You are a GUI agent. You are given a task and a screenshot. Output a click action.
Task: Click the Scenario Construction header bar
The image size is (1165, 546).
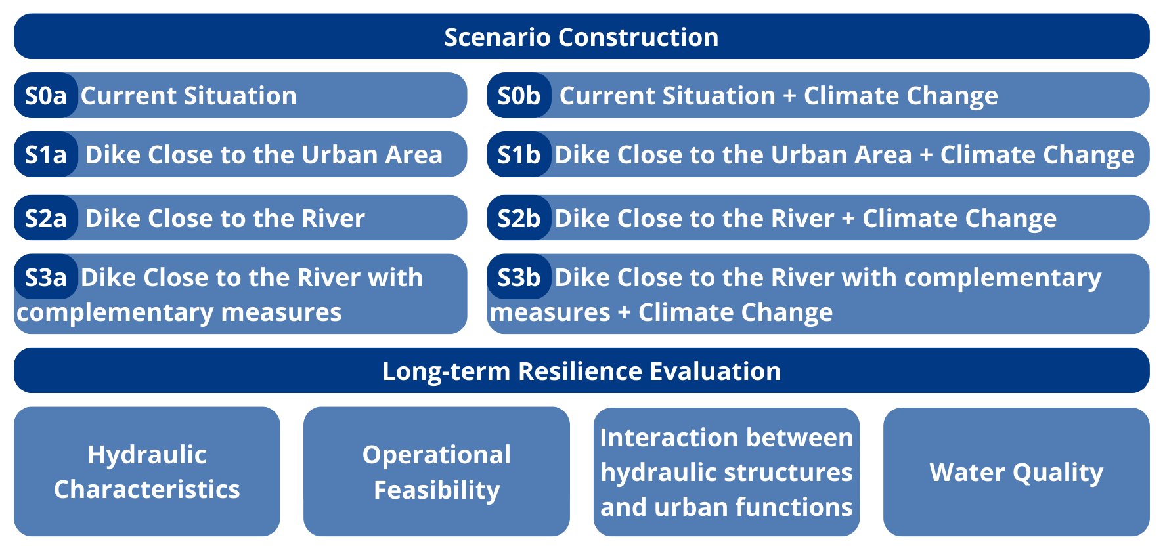[581, 37]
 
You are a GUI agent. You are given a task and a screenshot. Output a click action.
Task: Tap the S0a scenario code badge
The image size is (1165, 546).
[46, 95]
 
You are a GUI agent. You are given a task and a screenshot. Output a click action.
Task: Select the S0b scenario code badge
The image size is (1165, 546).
[519, 95]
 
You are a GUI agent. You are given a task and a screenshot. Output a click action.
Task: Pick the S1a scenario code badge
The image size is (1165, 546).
[46, 154]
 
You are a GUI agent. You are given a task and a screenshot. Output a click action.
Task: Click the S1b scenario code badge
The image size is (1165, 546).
[519, 154]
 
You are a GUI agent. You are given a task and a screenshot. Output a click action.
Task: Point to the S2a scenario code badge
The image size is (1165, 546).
[46, 218]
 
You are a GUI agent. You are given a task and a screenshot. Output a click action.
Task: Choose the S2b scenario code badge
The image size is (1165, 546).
[519, 218]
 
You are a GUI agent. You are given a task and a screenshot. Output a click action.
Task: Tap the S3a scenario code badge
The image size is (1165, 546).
[46, 277]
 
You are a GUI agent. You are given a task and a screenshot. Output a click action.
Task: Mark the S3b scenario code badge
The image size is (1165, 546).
[519, 277]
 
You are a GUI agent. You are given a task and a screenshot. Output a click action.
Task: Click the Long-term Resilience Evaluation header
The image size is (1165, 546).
[581, 371]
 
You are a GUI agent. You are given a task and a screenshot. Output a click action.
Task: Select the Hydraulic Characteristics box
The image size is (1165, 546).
[147, 472]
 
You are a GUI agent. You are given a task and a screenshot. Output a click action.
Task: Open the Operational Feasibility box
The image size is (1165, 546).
[437, 472]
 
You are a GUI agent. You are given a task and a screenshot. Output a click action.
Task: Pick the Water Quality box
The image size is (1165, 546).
[1017, 472]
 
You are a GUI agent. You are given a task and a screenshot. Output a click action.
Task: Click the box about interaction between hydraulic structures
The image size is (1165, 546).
[726, 472]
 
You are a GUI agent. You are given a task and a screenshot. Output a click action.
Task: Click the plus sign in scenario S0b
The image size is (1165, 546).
[789, 96]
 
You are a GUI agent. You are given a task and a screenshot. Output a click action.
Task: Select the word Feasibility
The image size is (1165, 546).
[437, 490]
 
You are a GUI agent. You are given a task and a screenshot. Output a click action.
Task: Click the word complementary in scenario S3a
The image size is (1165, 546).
[116, 313]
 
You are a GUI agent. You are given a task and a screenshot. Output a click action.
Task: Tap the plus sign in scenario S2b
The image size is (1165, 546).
[848, 219]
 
